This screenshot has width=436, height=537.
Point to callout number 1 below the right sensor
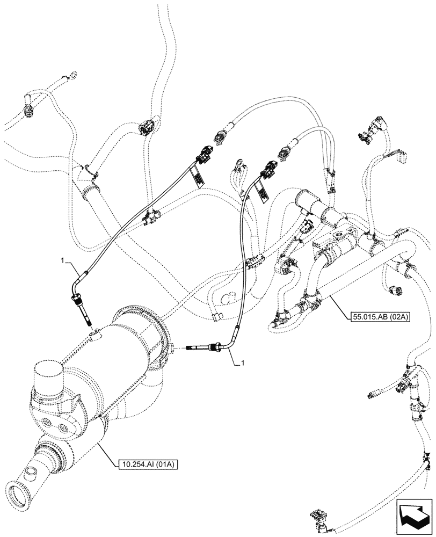(x=243, y=363)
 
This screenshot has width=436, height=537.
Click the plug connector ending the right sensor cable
(x=267, y=167)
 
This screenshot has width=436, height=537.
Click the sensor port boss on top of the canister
(x=95, y=336)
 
